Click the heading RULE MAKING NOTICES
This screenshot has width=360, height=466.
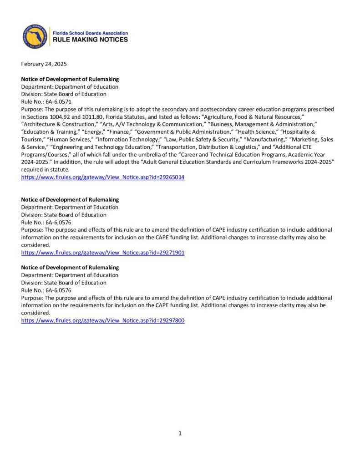point(91,40)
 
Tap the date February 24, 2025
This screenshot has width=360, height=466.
point(44,64)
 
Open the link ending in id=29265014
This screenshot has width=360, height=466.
point(103,177)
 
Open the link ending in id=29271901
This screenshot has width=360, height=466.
point(103,253)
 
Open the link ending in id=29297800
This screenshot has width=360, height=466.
point(103,320)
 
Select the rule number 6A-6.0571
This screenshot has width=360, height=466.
point(59,102)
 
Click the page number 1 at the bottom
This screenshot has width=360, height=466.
point(180,433)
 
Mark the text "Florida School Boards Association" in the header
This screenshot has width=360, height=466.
point(91,33)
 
